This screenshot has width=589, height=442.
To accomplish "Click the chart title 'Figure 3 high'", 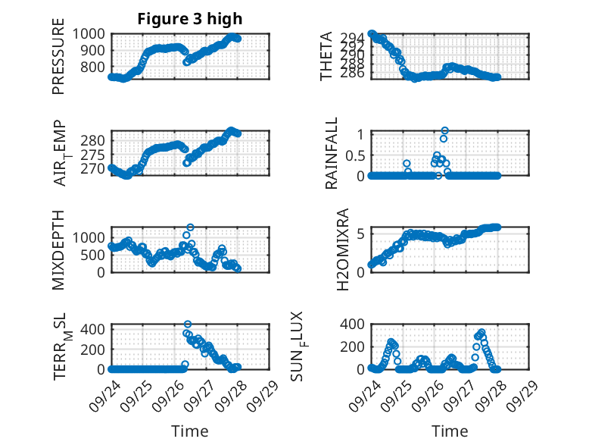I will click(190, 19).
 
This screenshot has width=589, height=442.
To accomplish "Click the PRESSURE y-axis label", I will click(59, 61).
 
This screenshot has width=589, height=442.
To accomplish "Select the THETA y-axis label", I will click(326, 56).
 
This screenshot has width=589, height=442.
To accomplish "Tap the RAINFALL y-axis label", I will click(332, 155).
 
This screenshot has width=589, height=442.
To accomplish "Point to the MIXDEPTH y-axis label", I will click(59, 251).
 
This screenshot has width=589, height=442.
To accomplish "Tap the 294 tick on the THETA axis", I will click(354, 37).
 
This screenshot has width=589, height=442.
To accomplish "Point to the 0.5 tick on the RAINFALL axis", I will click(356, 155).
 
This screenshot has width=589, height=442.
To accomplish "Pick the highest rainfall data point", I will click(445, 130).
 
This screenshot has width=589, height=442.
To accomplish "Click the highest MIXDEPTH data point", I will click(190, 227).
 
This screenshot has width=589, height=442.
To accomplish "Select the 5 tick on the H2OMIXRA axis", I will click(362, 234).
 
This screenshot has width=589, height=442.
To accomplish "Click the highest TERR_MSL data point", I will click(188, 324).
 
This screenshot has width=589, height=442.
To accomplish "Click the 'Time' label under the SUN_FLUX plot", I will click(450, 431).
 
